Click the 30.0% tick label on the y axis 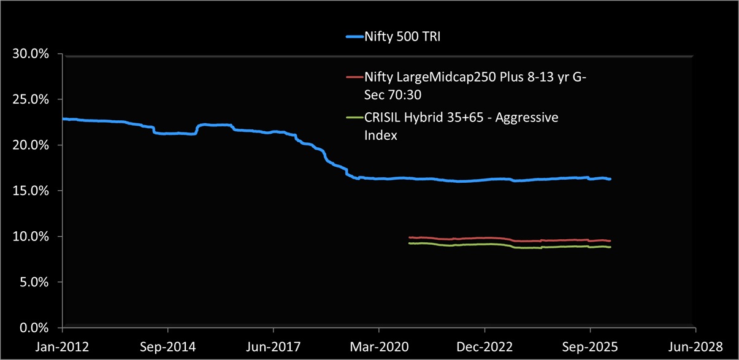[x=31, y=54]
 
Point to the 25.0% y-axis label [x=31, y=99]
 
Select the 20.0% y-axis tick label [x=31, y=145]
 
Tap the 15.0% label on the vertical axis [x=31, y=191]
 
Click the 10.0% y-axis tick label [x=31, y=237]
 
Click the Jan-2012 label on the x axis [x=63, y=347]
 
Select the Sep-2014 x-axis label [x=168, y=347]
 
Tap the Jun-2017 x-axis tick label [x=274, y=347]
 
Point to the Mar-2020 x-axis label [x=379, y=347]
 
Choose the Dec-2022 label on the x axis [x=484, y=347]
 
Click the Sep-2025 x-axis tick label [x=590, y=347]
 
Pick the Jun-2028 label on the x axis [x=695, y=347]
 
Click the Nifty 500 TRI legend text [x=402, y=37]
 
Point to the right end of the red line [x=610, y=241]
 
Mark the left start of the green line [x=409, y=243]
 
